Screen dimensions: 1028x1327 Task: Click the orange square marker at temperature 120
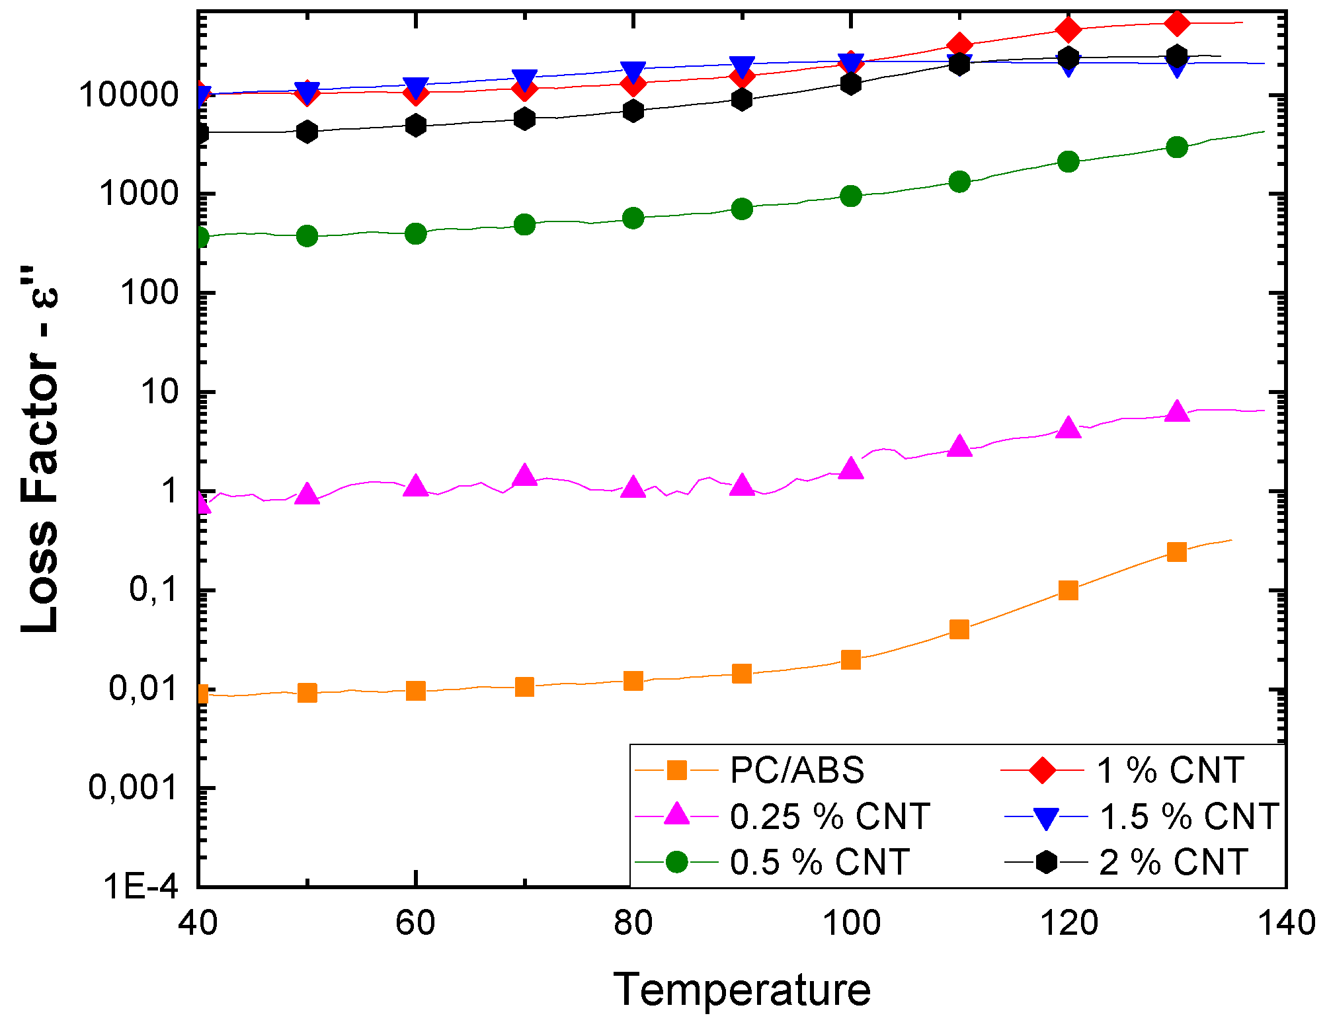(x=1068, y=590)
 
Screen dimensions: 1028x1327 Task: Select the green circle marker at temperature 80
(x=633, y=218)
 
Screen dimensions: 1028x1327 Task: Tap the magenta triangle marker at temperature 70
(x=525, y=475)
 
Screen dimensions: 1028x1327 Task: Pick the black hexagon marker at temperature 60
(x=416, y=126)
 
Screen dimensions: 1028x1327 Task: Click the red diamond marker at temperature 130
(x=1177, y=24)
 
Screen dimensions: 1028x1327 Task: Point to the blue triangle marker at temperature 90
(x=742, y=66)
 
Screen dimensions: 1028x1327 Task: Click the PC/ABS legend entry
(x=797, y=771)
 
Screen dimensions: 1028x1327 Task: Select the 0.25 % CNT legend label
(x=830, y=817)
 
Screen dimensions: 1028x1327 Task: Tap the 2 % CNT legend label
(x=1173, y=863)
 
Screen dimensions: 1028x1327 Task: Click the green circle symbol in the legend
(x=677, y=863)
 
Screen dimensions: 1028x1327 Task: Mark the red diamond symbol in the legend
(x=1043, y=771)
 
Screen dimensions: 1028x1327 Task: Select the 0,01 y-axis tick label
(x=143, y=689)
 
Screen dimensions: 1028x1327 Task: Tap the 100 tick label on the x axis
(x=851, y=923)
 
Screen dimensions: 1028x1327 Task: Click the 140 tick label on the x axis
(x=1285, y=923)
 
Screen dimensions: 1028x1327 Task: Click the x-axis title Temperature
(x=742, y=990)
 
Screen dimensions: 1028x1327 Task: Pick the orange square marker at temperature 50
(x=307, y=693)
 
